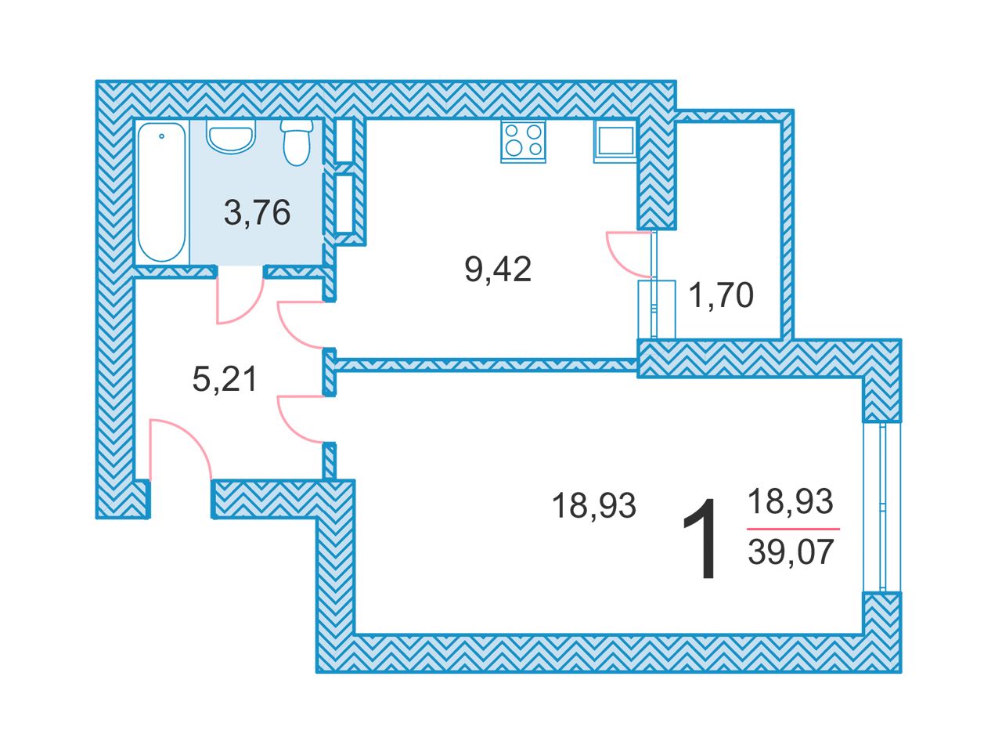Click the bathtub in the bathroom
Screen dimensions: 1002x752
[161, 192]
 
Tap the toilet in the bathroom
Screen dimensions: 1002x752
[296, 142]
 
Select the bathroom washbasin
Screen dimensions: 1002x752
[230, 136]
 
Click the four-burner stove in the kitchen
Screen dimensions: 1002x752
[523, 141]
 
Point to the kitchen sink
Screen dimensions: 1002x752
[615, 141]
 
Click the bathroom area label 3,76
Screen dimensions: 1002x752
[257, 212]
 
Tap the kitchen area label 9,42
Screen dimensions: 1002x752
[498, 269]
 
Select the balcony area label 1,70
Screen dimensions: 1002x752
[721, 295]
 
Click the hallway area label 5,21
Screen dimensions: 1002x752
[225, 378]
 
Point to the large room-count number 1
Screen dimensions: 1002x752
[700, 539]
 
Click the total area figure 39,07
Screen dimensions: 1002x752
[791, 551]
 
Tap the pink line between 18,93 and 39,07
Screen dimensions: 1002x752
[793, 529]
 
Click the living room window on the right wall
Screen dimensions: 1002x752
[882, 508]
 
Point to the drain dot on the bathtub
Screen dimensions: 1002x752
[161, 136]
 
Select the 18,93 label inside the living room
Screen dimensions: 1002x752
[594, 505]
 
